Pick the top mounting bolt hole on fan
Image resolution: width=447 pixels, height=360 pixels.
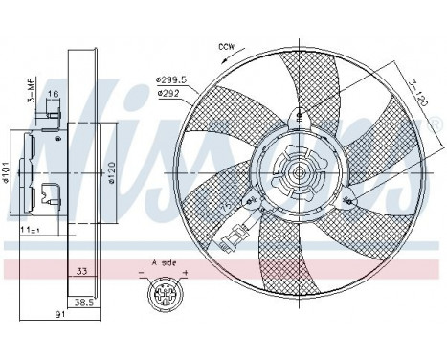300,115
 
